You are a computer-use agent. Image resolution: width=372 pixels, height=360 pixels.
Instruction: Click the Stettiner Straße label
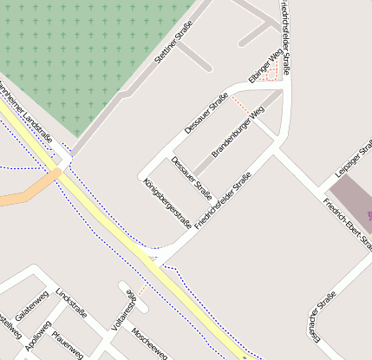[172, 49]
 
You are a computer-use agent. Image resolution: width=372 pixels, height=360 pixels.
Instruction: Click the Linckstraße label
[71, 302]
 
